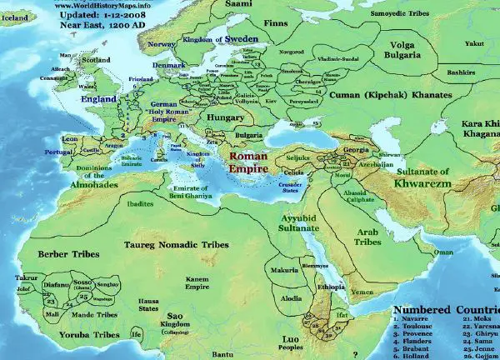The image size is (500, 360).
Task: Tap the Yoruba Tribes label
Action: [58, 334]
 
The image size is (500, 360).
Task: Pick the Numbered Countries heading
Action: [445, 306]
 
